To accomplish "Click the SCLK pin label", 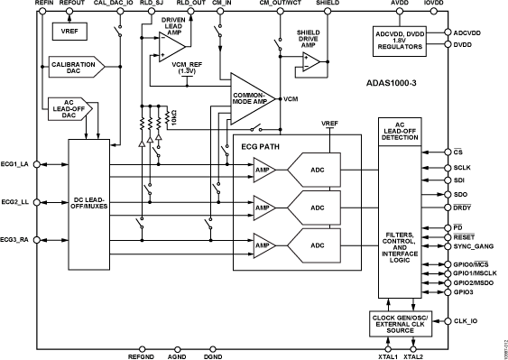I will (463, 167).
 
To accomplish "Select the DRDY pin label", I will (463, 208).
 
